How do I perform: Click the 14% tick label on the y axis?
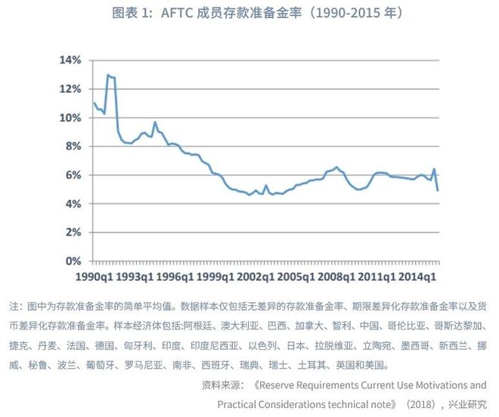point(70,60)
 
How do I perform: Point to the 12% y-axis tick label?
point(70,88)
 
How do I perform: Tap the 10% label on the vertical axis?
point(70,118)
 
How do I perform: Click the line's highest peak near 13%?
point(108,75)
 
